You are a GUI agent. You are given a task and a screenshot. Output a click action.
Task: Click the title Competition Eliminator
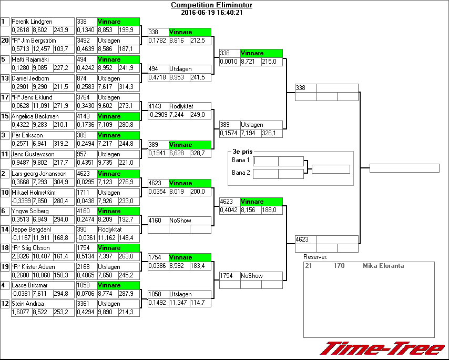[211, 5]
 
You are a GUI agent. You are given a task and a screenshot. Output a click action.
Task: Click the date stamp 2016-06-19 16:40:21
[211, 13]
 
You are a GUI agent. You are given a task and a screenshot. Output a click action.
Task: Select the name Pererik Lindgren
[32, 22]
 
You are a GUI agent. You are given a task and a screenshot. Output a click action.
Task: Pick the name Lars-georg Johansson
[39, 174]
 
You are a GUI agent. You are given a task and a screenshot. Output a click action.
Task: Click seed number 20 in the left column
[5, 41]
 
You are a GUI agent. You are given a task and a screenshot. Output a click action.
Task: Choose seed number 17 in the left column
[5, 97]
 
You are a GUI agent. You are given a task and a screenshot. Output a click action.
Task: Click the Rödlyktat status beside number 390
[110, 229]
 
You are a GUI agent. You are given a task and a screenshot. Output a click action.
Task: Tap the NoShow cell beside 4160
[180, 221]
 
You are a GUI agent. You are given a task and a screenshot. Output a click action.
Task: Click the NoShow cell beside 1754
[251, 276]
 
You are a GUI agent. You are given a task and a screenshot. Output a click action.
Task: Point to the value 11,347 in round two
[179, 303]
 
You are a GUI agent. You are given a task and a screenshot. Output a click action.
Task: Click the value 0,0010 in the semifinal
[229, 62]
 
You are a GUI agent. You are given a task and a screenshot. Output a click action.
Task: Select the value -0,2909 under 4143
[157, 115]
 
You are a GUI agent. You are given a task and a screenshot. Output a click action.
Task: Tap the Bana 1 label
[240, 160]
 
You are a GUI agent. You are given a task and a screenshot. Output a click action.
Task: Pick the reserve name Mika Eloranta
[383, 266]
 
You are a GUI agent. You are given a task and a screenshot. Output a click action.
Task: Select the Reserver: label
[315, 257]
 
